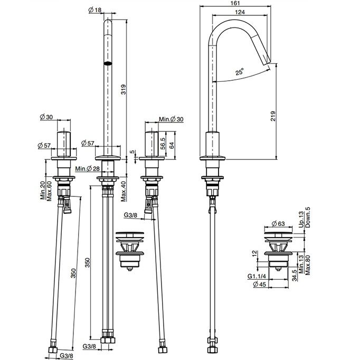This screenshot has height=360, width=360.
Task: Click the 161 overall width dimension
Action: point(235,3)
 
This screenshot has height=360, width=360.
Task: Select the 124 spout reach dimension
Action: point(240,12)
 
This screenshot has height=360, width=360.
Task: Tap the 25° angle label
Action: point(240,72)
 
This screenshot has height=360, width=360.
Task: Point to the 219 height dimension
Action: point(273,116)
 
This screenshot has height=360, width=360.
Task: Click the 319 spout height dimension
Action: point(124,89)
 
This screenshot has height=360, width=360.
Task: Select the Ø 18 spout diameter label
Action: point(95,10)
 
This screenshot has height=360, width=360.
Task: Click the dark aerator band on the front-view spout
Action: point(108,63)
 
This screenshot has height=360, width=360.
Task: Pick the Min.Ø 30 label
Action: point(171,119)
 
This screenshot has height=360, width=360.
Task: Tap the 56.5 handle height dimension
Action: point(163,144)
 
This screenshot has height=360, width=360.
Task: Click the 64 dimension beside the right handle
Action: point(172,145)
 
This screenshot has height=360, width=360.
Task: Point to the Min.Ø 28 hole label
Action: point(88,169)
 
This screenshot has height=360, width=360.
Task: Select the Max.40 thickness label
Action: point(124,191)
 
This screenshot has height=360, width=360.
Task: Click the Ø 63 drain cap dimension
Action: point(278,223)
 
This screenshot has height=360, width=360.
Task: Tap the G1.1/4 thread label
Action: point(257,276)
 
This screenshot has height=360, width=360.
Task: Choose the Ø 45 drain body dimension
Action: point(259,284)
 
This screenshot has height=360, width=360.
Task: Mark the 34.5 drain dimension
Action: point(295,275)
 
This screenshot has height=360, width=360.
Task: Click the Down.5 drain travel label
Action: point(308,217)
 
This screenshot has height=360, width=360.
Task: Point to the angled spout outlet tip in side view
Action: point(268,62)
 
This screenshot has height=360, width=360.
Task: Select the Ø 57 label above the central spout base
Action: point(88,143)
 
